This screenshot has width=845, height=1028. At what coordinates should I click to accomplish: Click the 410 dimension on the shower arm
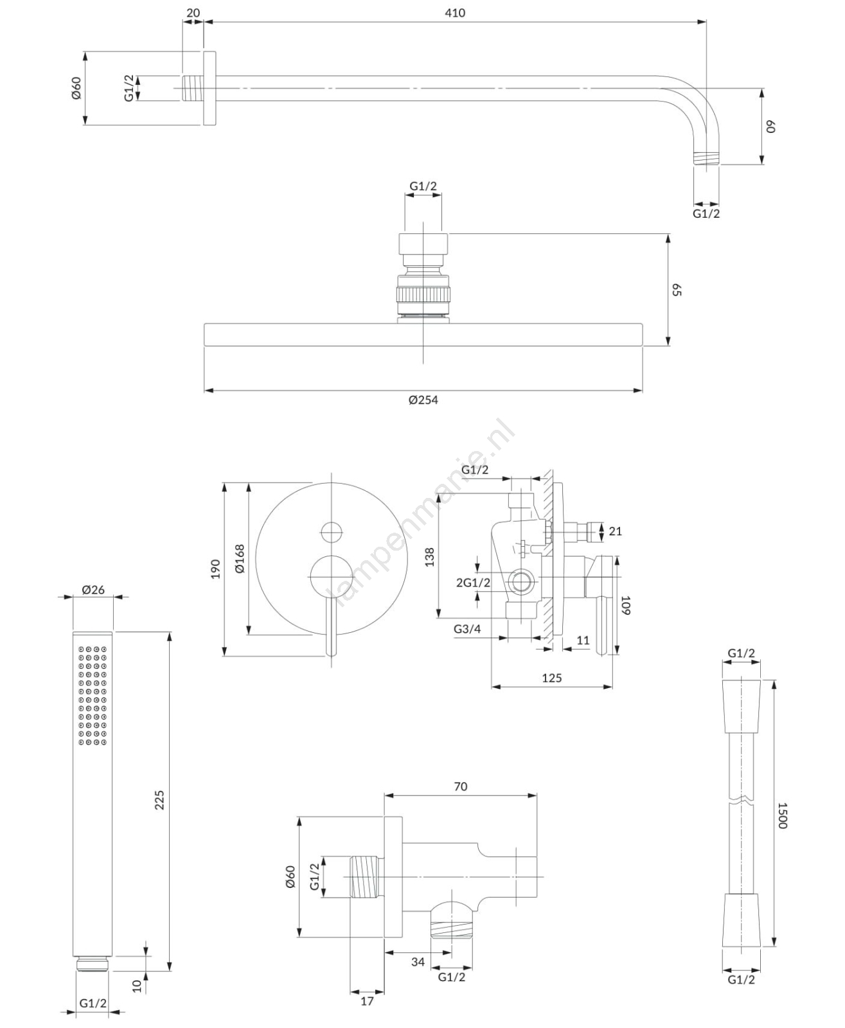(x=454, y=13)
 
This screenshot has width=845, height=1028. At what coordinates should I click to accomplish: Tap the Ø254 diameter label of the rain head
(x=423, y=400)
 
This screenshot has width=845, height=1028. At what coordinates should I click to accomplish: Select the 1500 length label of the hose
(x=782, y=815)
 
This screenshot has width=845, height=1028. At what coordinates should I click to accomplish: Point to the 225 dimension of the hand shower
(x=159, y=800)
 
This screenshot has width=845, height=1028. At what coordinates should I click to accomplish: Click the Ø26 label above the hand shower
(x=93, y=589)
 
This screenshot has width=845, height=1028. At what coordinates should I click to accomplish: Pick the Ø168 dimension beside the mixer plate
(x=239, y=558)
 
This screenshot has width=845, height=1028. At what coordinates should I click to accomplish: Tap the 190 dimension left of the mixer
(x=216, y=569)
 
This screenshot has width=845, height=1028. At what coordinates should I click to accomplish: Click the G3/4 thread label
(x=467, y=629)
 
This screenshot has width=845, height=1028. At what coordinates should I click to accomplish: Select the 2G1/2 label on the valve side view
(x=473, y=583)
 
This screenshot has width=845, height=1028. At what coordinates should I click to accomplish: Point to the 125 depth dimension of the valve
(x=551, y=678)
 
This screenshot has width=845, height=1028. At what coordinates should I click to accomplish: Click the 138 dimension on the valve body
(x=430, y=556)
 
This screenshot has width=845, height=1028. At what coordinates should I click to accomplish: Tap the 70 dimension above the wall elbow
(x=460, y=786)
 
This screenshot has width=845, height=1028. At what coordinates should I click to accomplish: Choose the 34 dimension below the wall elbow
(x=418, y=962)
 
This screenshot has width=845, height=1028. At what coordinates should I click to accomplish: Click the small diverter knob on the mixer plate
(x=332, y=532)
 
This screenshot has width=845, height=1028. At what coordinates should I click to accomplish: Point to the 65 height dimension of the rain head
(x=677, y=289)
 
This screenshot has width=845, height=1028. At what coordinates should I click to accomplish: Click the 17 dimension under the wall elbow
(x=367, y=1001)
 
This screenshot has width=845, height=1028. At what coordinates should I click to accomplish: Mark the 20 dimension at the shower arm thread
(x=193, y=13)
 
